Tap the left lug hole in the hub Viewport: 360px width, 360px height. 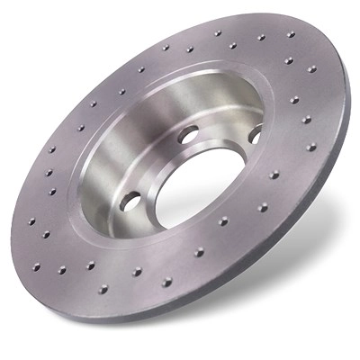click(131, 200)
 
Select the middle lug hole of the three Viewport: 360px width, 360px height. click(188, 135)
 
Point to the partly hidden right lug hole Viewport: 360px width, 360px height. click(255, 134)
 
